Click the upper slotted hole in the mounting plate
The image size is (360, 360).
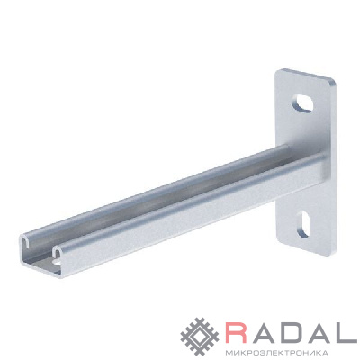coord(302,103)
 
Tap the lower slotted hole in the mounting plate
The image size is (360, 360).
coord(302,224)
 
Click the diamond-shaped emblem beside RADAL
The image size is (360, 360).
coord(201,337)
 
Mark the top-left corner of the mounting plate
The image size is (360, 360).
coord(276,70)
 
